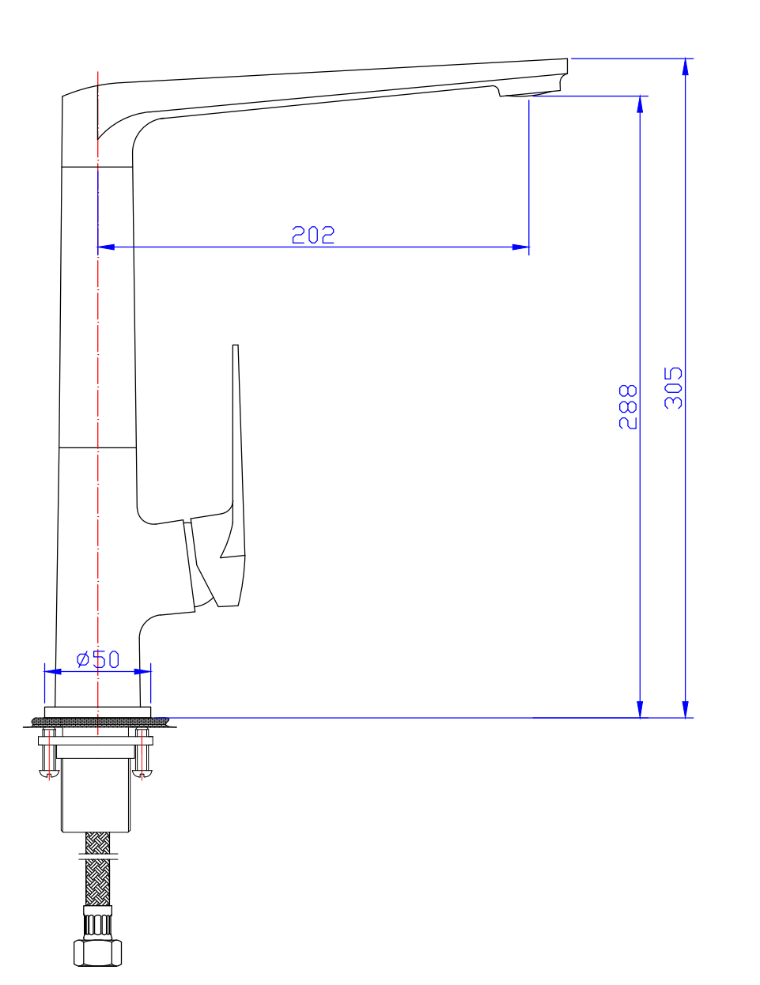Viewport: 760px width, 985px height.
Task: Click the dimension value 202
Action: click(x=313, y=235)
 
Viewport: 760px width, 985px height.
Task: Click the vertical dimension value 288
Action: click(x=628, y=406)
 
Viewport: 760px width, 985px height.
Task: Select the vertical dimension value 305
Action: click(x=673, y=387)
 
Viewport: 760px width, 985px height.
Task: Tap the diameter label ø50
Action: click(x=98, y=659)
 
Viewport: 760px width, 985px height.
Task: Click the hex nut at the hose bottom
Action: click(x=98, y=952)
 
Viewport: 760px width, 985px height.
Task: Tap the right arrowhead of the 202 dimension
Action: click(x=521, y=247)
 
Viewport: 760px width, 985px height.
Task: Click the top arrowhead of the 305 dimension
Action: click(x=686, y=67)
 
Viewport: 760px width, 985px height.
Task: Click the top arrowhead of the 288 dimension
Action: click(x=640, y=104)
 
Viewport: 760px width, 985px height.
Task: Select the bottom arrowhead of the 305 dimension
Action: click(x=686, y=709)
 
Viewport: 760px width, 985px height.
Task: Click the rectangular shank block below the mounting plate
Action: click(x=96, y=794)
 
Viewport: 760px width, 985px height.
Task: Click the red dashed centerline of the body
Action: click(x=98, y=356)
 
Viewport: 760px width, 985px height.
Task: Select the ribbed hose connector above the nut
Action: click(x=98, y=923)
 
